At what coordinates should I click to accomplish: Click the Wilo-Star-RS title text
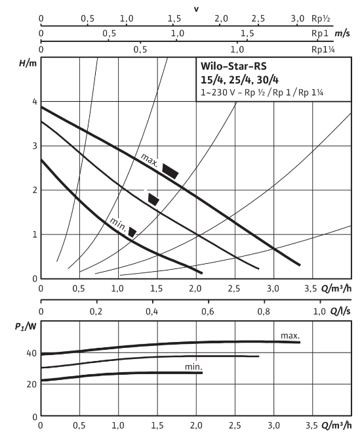click(233, 66)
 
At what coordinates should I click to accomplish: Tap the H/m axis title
click(28, 63)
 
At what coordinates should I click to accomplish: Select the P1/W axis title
click(26, 326)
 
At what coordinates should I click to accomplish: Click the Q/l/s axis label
click(340, 311)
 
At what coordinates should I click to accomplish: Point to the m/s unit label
click(342, 33)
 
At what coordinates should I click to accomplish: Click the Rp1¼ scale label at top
click(323, 50)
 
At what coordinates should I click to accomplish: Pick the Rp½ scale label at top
click(321, 18)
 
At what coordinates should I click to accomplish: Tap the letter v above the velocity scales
click(196, 9)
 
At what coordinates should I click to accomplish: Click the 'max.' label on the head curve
click(150, 160)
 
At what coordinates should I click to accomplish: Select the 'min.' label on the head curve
click(118, 224)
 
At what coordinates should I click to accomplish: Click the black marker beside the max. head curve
click(170, 171)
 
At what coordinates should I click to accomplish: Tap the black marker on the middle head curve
click(153, 200)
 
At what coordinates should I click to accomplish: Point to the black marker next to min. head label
click(132, 232)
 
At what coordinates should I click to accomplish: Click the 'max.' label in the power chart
click(290, 336)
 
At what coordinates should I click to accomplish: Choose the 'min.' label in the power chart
click(193, 367)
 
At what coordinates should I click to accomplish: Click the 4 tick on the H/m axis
click(35, 102)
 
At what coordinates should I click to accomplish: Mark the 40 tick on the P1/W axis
click(31, 353)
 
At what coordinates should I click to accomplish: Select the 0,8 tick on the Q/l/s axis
click(264, 312)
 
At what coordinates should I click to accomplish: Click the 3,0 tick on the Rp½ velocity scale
click(297, 19)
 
